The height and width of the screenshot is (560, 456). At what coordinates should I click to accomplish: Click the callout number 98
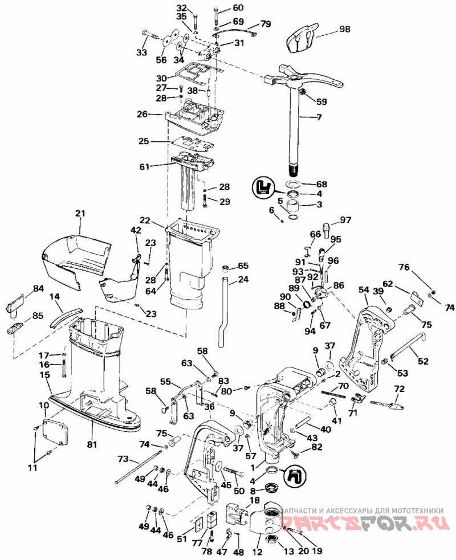click(344, 29)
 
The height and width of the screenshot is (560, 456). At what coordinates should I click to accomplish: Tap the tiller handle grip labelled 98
click(302, 37)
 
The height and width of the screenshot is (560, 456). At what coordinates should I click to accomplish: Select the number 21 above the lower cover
click(80, 214)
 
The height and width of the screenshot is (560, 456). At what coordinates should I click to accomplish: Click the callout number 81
click(92, 444)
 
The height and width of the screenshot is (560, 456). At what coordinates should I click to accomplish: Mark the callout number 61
click(144, 166)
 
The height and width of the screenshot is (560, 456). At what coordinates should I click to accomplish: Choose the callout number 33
click(142, 52)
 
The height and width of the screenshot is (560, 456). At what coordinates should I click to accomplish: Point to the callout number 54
click(364, 290)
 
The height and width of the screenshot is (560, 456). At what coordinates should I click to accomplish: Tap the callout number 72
click(399, 388)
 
